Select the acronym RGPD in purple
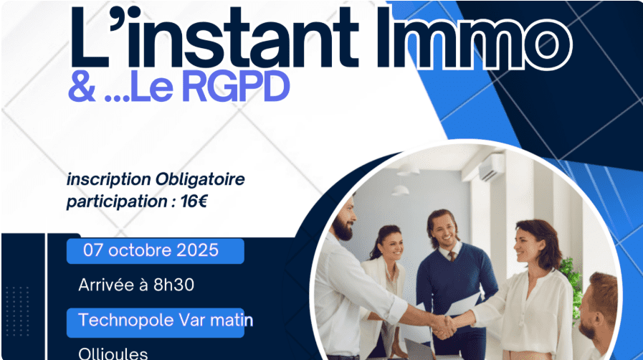tap(236, 87)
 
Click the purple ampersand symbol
tap(82, 87)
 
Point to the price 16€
tap(194, 202)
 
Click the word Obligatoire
tap(200, 179)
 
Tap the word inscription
tap(109, 180)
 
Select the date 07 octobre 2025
tap(151, 250)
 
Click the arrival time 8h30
tap(174, 285)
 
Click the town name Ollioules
tap(113, 354)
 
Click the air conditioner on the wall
tap(491, 166)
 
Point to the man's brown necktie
tap(452, 256)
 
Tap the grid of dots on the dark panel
tap(18, 311)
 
